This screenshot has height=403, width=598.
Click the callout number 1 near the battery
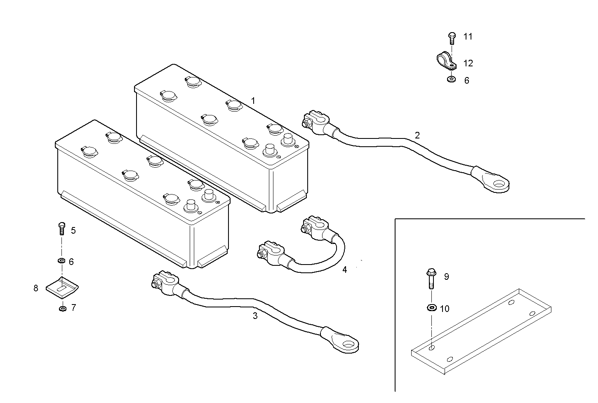(253, 101)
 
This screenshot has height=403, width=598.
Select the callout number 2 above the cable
(417, 135)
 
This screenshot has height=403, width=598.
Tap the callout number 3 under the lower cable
(255, 316)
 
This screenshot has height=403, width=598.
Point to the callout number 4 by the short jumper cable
(344, 269)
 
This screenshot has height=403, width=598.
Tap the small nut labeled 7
(62, 308)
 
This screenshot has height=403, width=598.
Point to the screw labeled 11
(452, 38)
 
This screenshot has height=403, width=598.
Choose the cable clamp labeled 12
(445, 61)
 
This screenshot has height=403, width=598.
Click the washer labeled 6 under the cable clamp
(452, 79)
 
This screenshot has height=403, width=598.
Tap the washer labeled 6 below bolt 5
(61, 261)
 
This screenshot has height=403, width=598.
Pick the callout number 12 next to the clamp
(468, 63)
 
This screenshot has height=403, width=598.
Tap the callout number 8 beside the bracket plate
(36, 288)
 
